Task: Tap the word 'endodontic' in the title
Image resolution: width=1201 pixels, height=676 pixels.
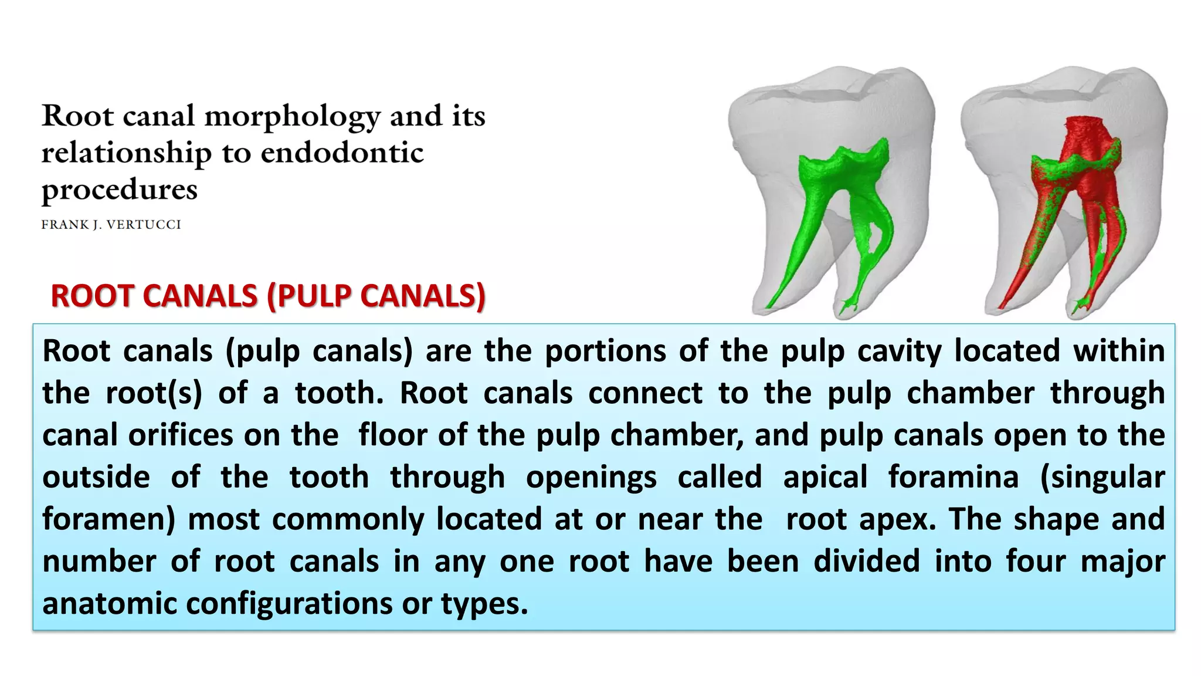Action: coord(342,153)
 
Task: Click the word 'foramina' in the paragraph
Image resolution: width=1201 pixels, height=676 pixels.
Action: coord(953,476)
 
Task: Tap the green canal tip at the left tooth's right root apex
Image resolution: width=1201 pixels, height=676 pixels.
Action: coord(847,305)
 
